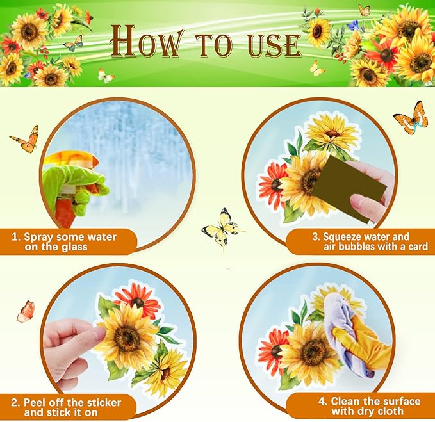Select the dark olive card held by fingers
349,188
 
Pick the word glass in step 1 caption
74,247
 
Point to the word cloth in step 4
390,411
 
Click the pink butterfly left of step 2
26,312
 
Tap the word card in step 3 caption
417,246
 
